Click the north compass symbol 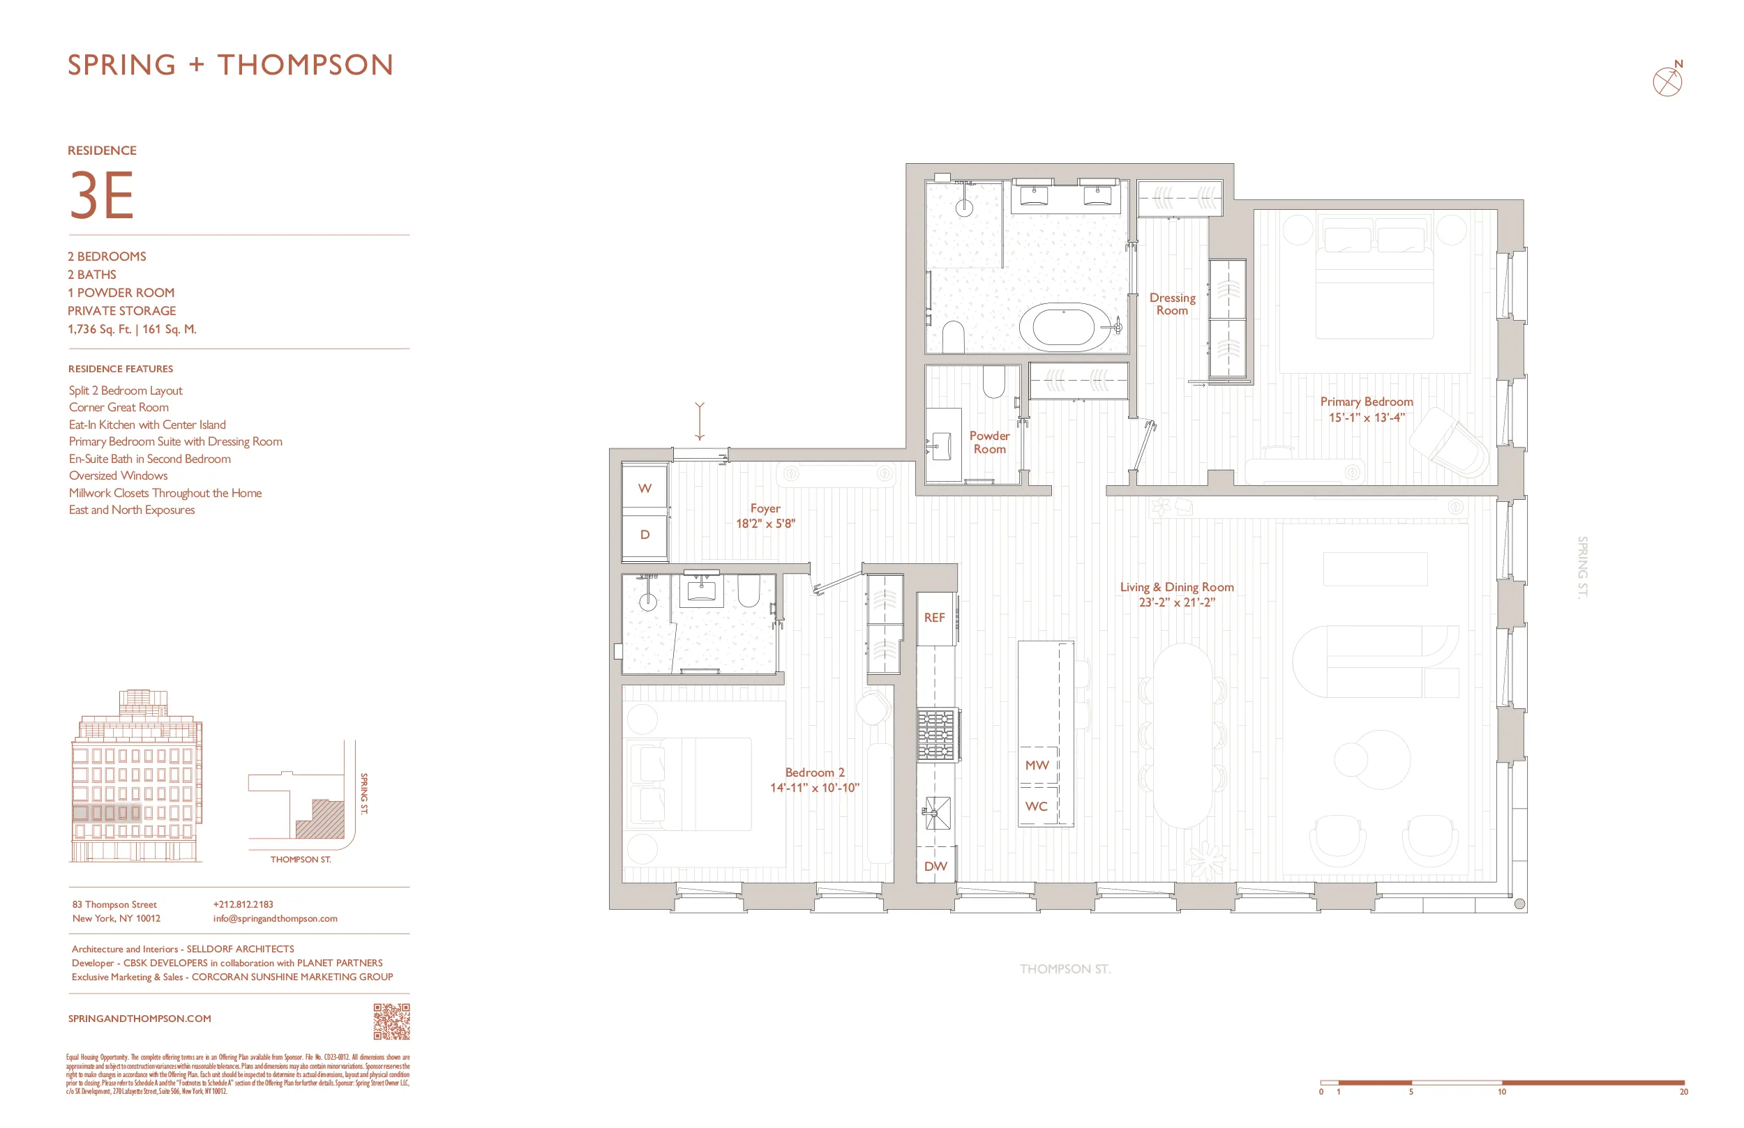(x=1667, y=81)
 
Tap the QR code (x=391, y=1021)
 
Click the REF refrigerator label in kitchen (x=934, y=618)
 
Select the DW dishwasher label (x=935, y=866)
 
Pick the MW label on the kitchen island (x=1037, y=765)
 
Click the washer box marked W (x=644, y=488)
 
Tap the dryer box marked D (x=644, y=535)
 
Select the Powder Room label (x=989, y=442)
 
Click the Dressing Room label (x=1172, y=303)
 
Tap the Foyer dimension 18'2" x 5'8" (x=765, y=524)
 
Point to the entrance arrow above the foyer (x=700, y=421)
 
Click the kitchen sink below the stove (x=936, y=813)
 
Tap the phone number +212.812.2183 (x=243, y=904)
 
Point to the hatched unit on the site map (x=322, y=821)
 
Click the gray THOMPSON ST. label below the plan (x=1065, y=968)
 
